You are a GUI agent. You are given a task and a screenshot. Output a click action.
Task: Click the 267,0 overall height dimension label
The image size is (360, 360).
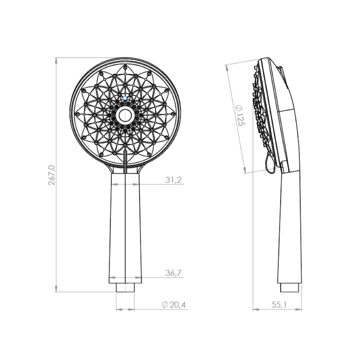[x=51, y=175]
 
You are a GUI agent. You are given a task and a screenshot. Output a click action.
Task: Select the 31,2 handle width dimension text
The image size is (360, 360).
[x=174, y=180]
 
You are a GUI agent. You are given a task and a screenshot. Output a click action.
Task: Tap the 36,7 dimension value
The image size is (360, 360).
[x=174, y=273]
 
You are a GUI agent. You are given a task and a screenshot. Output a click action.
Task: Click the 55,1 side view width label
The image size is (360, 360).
[x=279, y=305]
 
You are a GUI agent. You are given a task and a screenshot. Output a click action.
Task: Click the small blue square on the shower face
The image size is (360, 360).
[x=125, y=98]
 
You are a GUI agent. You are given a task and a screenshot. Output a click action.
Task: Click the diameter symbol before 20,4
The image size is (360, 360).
[x=165, y=305]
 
